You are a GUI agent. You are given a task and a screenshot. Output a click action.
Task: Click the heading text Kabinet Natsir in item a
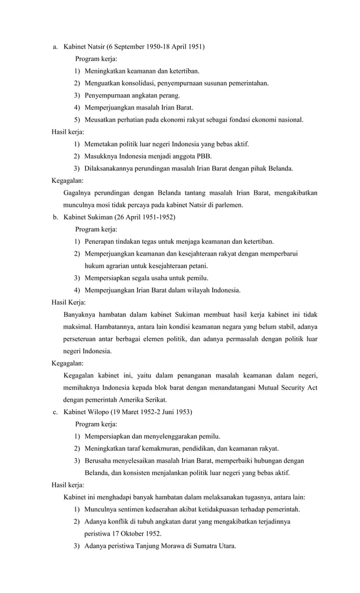84,47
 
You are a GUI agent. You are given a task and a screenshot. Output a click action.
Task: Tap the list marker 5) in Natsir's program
77,119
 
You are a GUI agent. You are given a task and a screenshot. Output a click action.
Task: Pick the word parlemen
229,205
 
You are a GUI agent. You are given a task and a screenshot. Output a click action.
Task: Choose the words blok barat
168,388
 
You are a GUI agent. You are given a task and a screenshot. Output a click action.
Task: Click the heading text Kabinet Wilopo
85,412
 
